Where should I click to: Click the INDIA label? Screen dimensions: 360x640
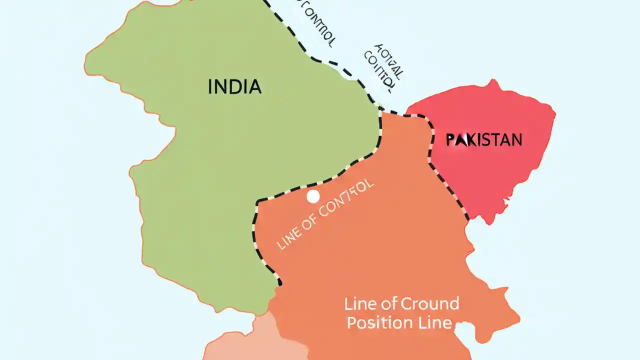[234, 87]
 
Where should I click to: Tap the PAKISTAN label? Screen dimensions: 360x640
[484, 139]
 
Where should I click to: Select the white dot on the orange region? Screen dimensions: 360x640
[313, 196]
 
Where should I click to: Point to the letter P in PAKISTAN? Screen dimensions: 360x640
[450, 139]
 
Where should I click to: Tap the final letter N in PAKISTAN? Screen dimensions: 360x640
[516, 139]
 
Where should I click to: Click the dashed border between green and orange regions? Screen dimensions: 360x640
[320, 183]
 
